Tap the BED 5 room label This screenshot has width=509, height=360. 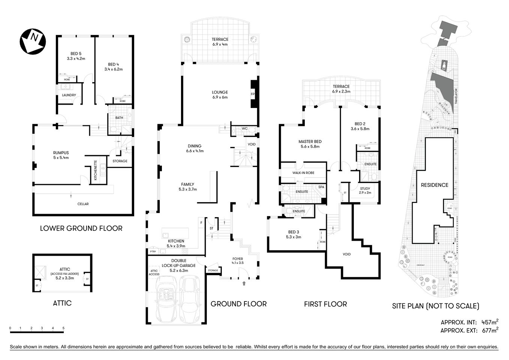76,56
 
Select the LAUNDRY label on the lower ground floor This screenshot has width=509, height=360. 69,95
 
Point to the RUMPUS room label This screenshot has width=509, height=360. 61,155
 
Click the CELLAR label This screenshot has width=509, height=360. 83,204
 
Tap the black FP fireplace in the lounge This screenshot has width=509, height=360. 254,94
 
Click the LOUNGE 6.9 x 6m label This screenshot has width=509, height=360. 220,94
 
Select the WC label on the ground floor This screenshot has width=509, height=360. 244,129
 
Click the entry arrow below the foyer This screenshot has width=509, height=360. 244,283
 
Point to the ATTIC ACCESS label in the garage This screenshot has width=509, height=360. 154,273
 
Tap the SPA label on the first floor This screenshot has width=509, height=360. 321,187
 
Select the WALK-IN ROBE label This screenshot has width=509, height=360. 303,173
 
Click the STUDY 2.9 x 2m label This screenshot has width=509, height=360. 365,190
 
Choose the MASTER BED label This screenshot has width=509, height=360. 310,144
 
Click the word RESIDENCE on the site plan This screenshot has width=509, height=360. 434,185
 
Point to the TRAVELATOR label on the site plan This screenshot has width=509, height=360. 456,96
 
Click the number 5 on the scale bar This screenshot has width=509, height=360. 63,328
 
